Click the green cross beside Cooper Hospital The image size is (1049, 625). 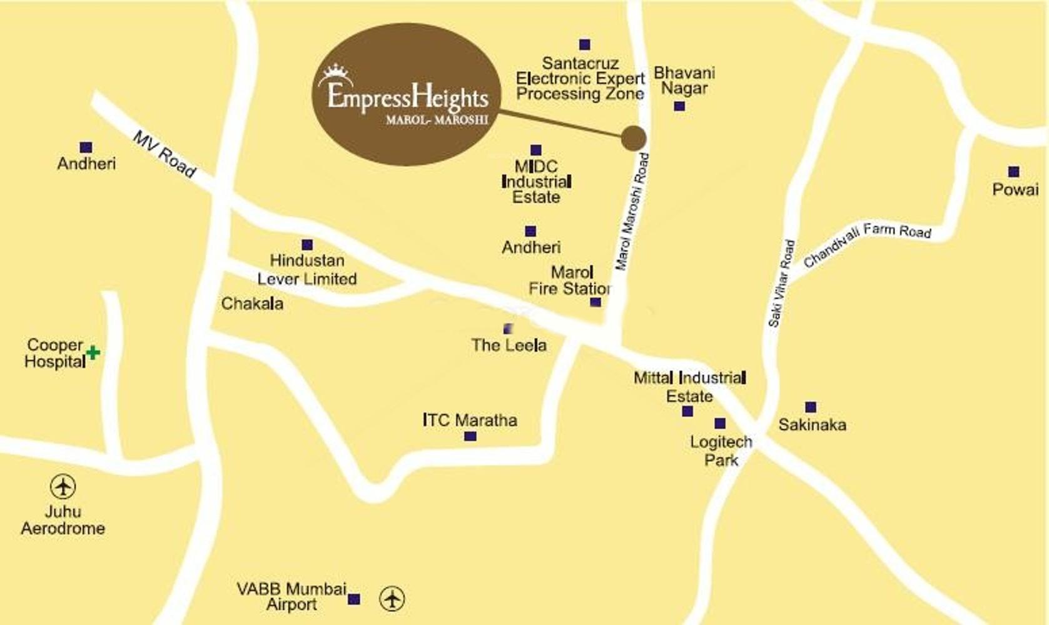click(93, 352)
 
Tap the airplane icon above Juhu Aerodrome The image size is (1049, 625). click(63, 486)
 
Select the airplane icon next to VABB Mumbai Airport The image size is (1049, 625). click(392, 599)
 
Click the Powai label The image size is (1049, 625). click(1015, 189)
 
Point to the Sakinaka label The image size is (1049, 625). click(812, 425)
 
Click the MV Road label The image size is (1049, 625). click(165, 154)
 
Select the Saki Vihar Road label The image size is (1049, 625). click(782, 283)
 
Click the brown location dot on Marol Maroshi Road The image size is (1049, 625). click(634, 138)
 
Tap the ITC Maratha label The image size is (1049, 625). click(470, 420)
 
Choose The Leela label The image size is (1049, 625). click(509, 345)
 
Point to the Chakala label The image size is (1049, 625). click(252, 304)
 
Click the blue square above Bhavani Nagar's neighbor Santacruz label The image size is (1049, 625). click(584, 44)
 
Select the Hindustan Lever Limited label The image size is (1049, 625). click(307, 269)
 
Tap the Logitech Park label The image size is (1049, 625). click(721, 451)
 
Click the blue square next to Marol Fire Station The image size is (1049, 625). click(595, 302)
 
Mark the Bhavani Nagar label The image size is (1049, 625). click(684, 81)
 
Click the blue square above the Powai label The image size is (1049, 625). click(1013, 172)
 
